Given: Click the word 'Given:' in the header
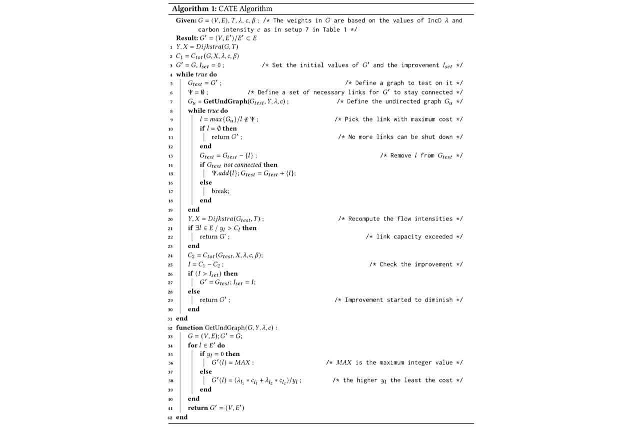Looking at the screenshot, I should point(186,20).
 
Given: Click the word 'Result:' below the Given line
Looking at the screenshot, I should point(187,38).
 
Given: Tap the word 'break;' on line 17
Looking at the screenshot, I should point(220,191).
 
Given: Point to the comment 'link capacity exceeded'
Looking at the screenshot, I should point(414,236).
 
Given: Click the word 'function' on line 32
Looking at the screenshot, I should point(189,327).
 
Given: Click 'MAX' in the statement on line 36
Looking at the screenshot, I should point(244,362).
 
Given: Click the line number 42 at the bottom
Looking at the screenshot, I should point(170,417).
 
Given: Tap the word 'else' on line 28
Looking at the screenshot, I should point(193,291).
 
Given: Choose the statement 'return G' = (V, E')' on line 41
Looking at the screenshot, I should point(216,408).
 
